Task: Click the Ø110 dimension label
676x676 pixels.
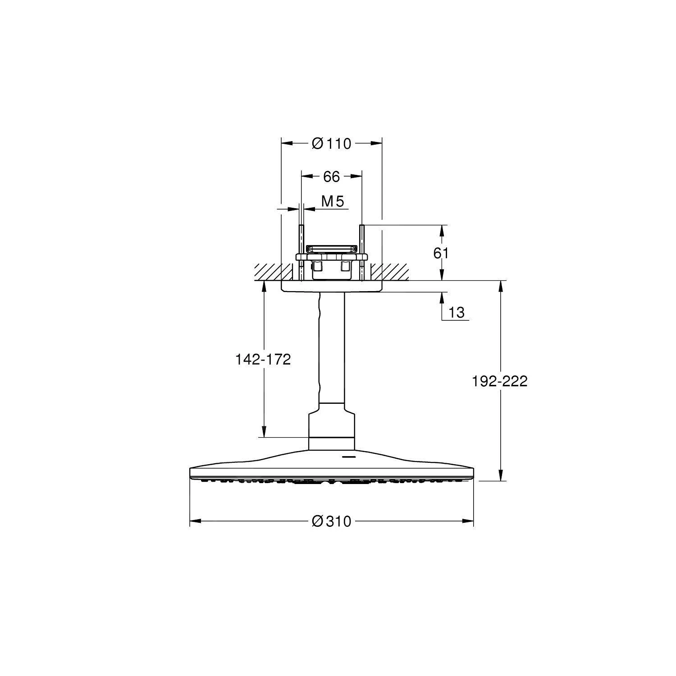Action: click(331, 144)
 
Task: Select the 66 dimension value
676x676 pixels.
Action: click(331, 177)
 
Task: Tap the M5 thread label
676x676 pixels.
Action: click(333, 202)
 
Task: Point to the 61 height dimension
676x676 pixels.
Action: click(441, 253)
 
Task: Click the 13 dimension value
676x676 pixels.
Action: click(456, 312)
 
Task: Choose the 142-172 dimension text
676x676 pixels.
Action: click(263, 360)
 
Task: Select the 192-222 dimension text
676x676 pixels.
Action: click(499, 382)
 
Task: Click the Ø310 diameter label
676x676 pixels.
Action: click(331, 521)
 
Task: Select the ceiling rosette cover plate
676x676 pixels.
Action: click(331, 287)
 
